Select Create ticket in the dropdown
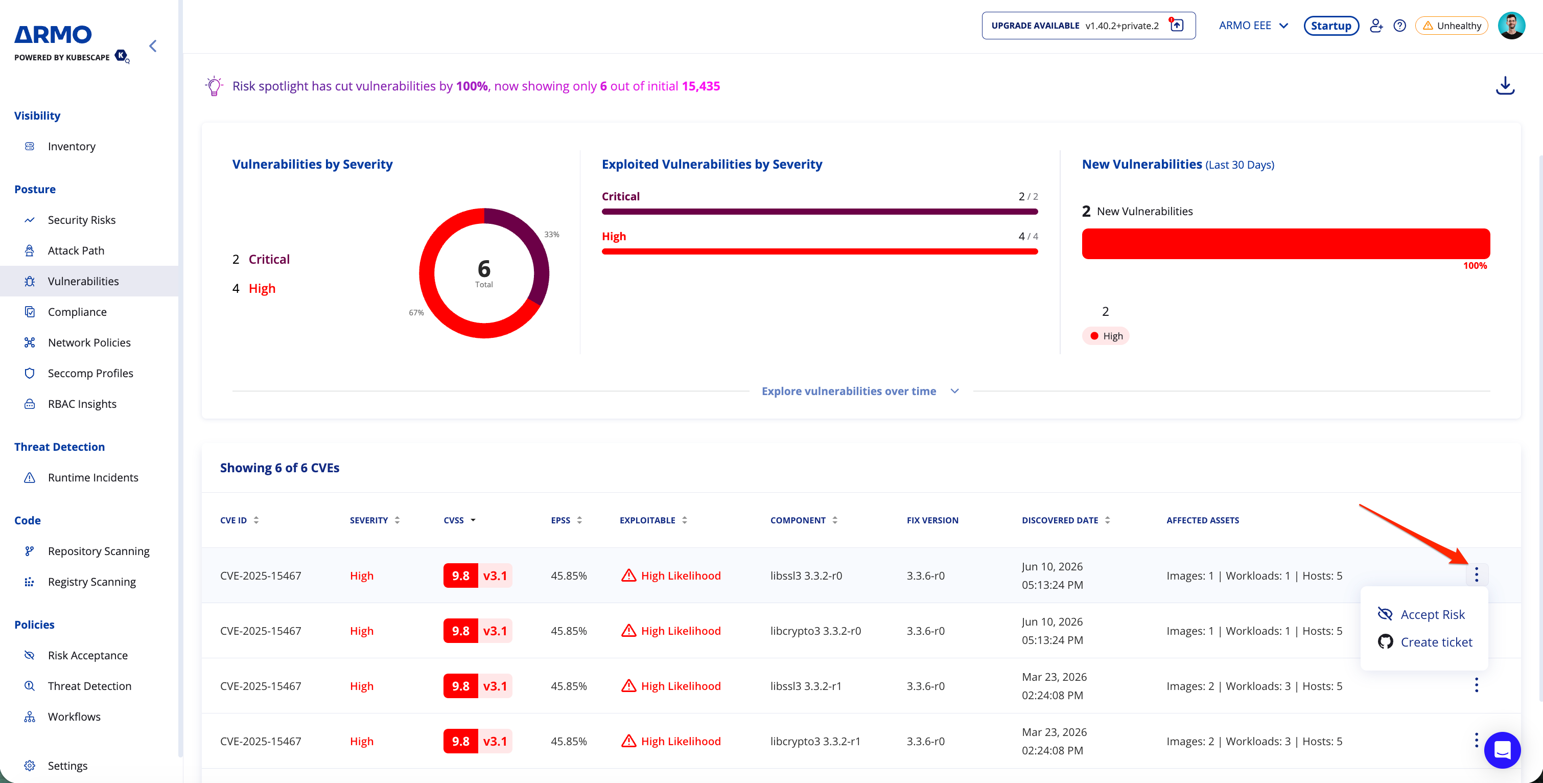(x=1425, y=641)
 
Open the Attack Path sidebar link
(x=76, y=250)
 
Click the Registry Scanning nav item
(x=91, y=582)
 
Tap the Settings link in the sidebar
(x=67, y=766)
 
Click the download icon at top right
(x=1505, y=86)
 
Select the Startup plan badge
(x=1331, y=26)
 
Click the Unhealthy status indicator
(x=1452, y=26)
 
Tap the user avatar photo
(x=1511, y=26)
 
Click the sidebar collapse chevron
(x=153, y=46)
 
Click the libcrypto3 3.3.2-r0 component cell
(x=815, y=631)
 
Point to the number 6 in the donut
(x=484, y=268)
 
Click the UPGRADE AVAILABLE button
(x=1088, y=26)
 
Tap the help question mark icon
(x=1399, y=26)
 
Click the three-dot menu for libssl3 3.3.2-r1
(x=1476, y=685)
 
